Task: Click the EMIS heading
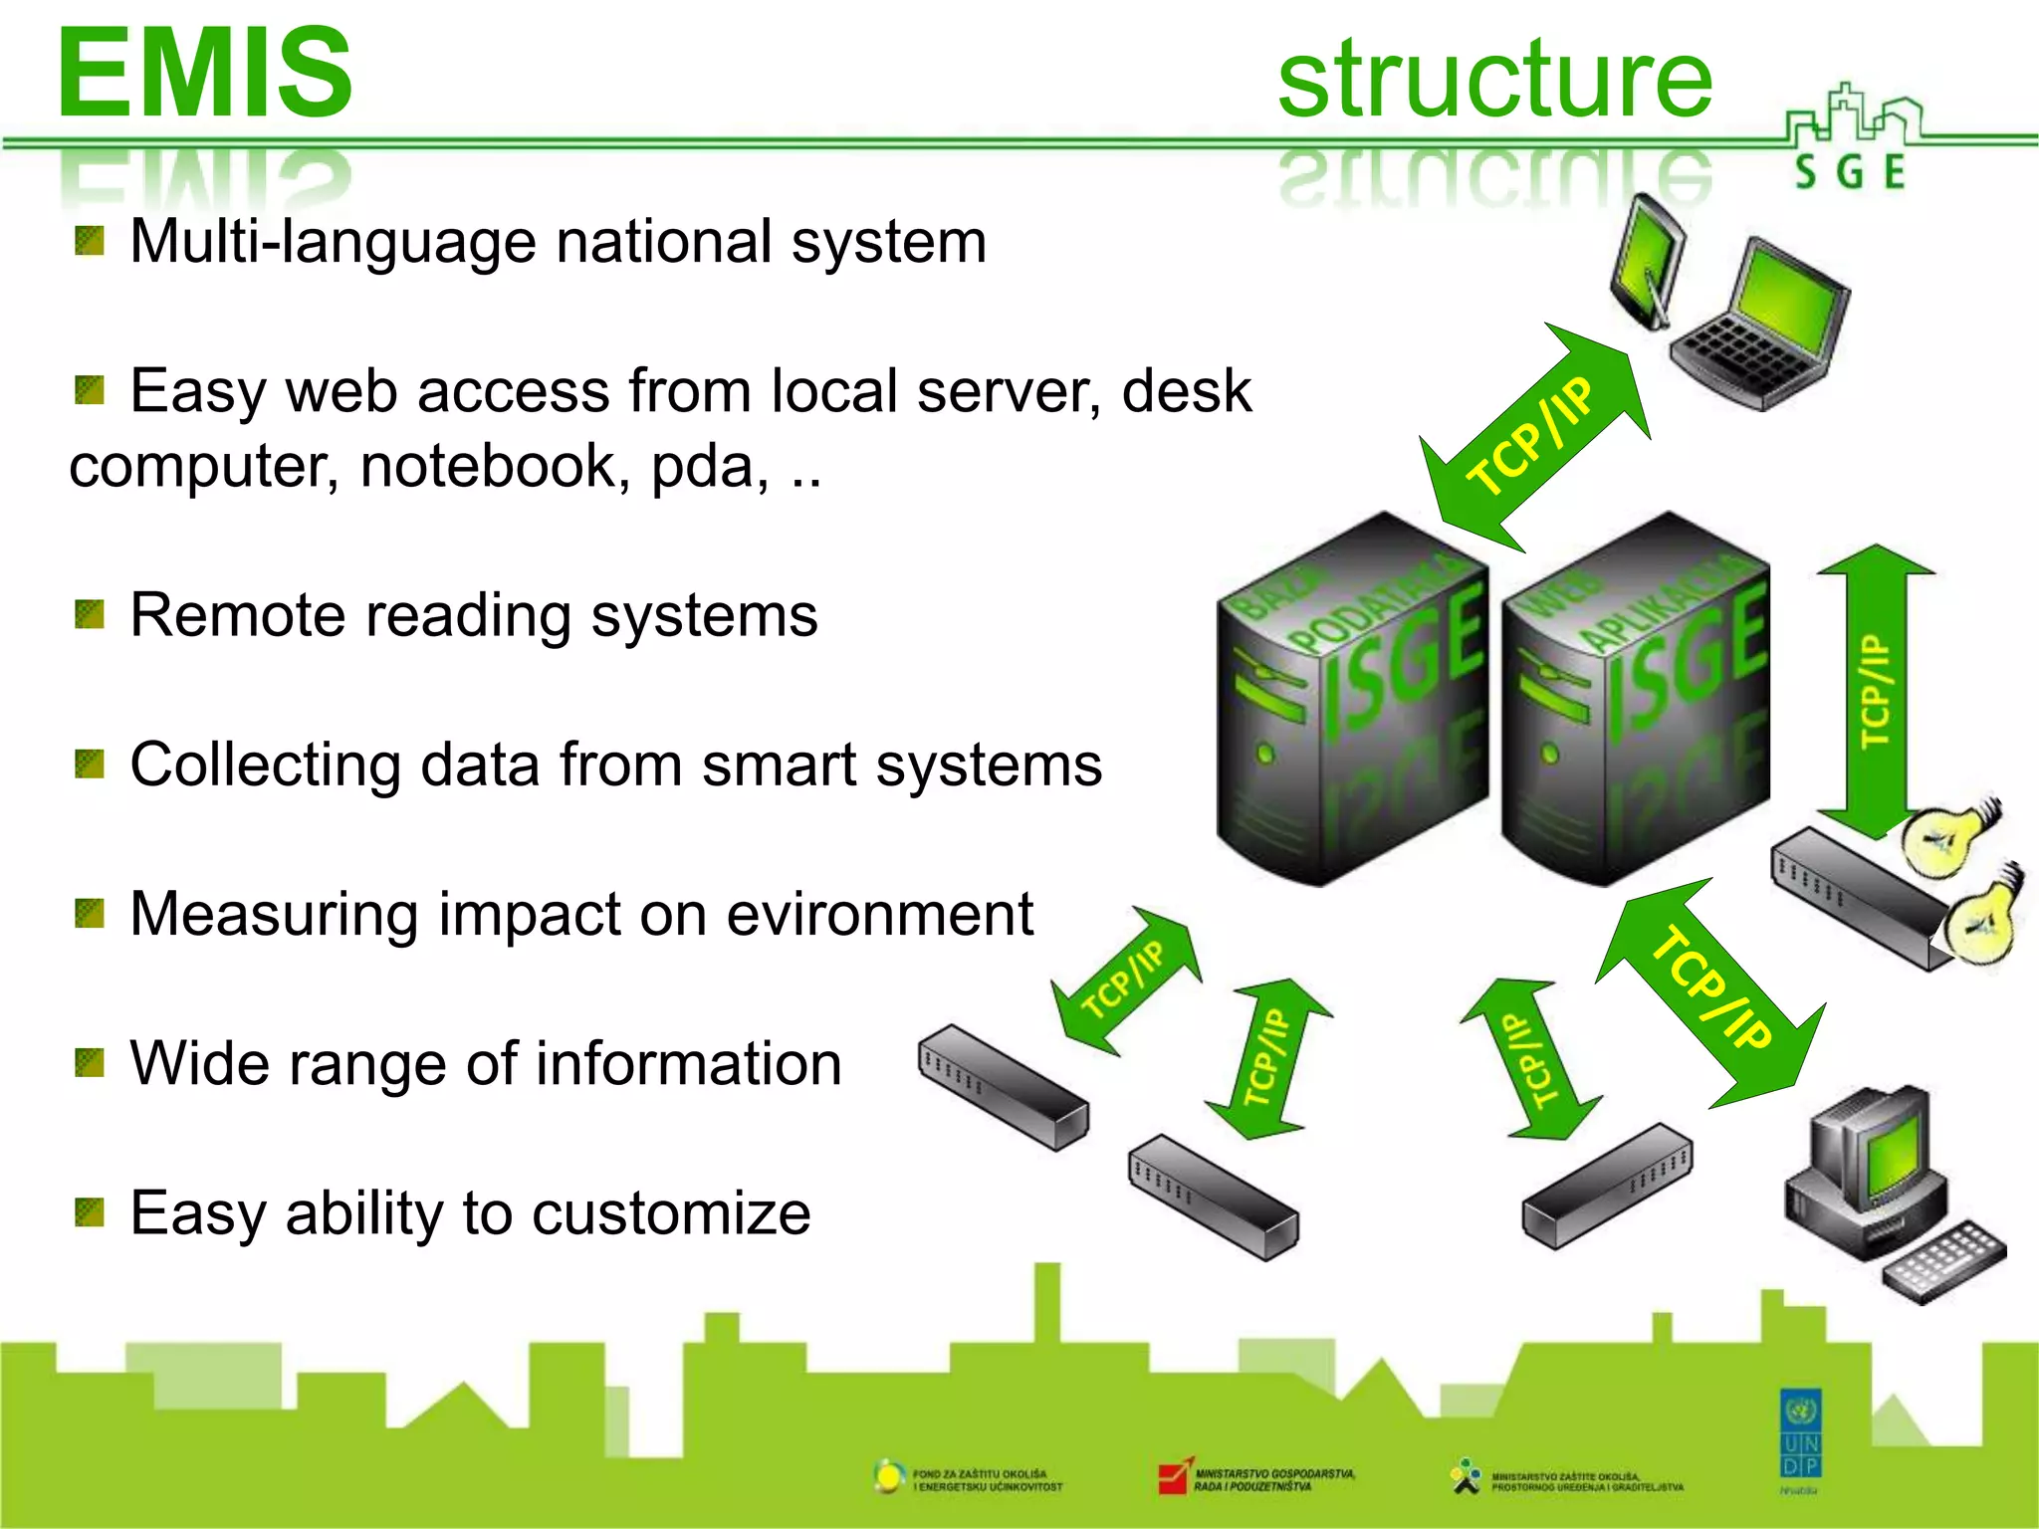click(x=205, y=74)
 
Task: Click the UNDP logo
click(x=1800, y=1433)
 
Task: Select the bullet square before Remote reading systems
click(x=90, y=614)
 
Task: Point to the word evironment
click(x=880, y=914)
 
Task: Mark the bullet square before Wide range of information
click(x=90, y=1063)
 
